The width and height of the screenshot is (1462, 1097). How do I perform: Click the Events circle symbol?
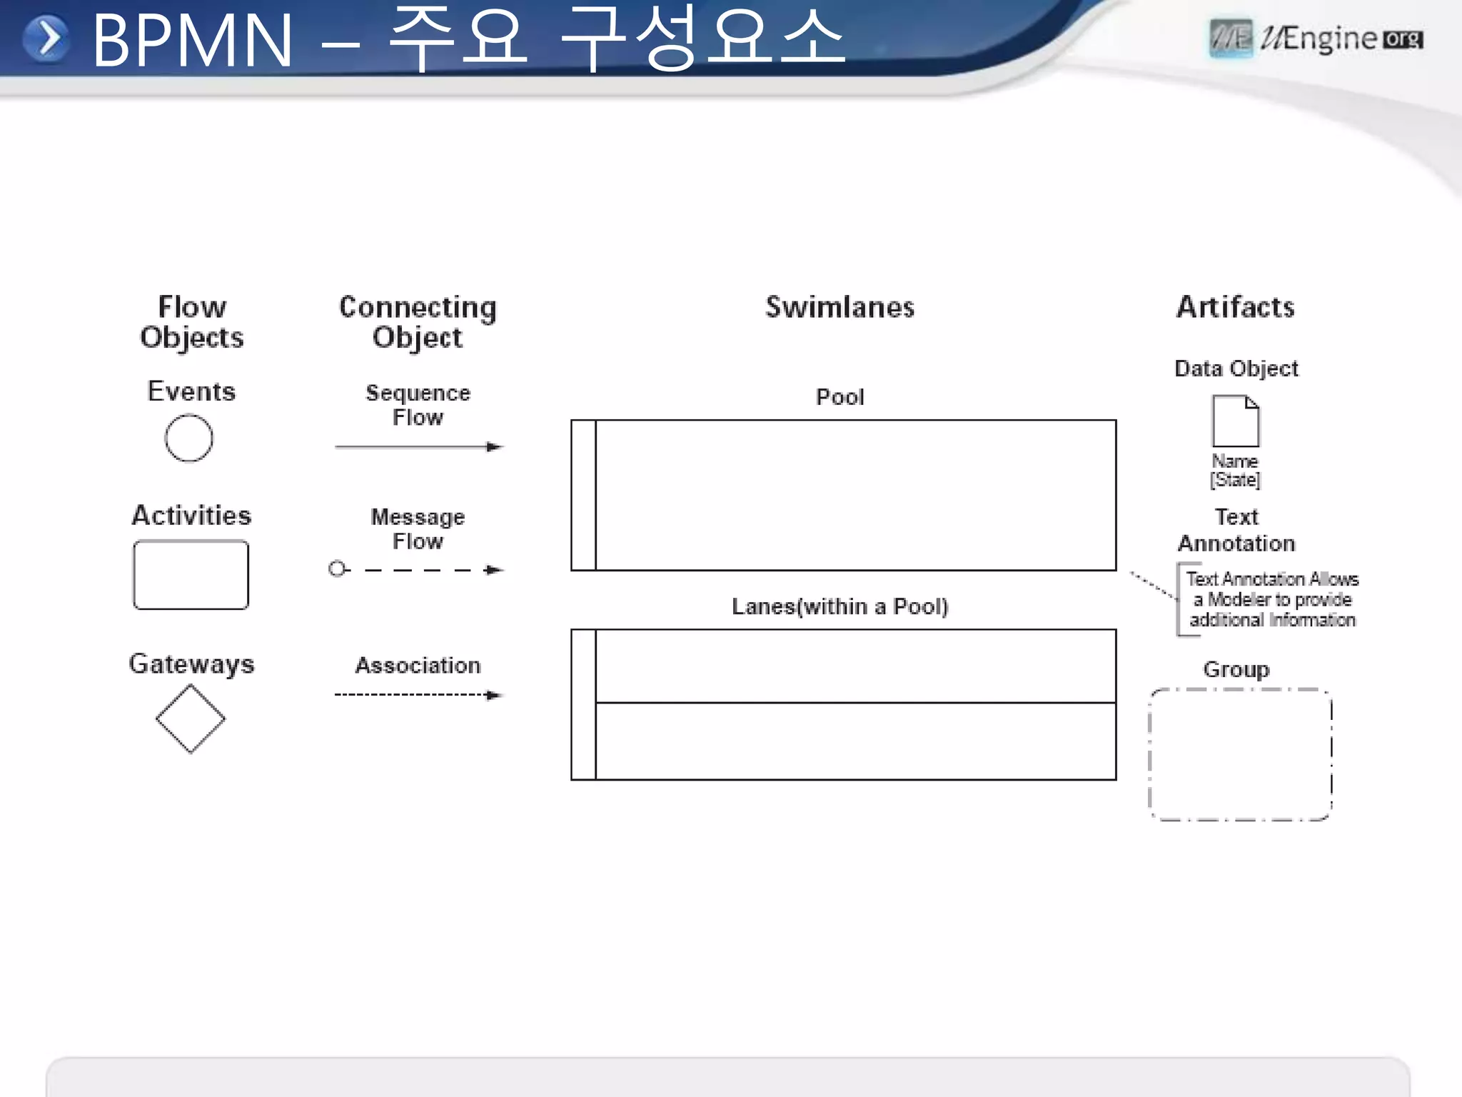pyautogui.click(x=189, y=438)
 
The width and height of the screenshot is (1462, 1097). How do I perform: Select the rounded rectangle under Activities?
pyautogui.click(x=191, y=575)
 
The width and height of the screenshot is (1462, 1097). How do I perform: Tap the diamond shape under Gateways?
pyautogui.click(x=191, y=718)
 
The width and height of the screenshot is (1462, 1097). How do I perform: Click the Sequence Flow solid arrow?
pyautogui.click(x=418, y=447)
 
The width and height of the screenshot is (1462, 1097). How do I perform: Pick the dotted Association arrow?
pyautogui.click(x=418, y=695)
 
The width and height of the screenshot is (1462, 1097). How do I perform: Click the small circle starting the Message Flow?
pyautogui.click(x=337, y=569)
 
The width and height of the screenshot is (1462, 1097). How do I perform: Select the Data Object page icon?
pyautogui.click(x=1236, y=421)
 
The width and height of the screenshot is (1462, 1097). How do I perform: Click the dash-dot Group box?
pyautogui.click(x=1240, y=755)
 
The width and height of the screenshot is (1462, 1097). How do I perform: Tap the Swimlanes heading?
pyautogui.click(x=840, y=307)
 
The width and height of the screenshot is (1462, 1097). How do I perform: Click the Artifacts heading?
pyautogui.click(x=1236, y=307)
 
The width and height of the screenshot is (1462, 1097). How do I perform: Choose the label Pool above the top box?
pyautogui.click(x=840, y=397)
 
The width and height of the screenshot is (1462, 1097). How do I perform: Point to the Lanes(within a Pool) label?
pyautogui.click(x=840, y=606)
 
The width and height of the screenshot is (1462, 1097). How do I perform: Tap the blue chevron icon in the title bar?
pyautogui.click(x=47, y=39)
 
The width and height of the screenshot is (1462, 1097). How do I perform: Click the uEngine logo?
pyautogui.click(x=1316, y=39)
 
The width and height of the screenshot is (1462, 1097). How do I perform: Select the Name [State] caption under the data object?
pyautogui.click(x=1236, y=471)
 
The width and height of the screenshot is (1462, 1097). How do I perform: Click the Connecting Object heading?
pyautogui.click(x=418, y=322)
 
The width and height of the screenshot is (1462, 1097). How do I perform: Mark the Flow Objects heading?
pyautogui.click(x=192, y=322)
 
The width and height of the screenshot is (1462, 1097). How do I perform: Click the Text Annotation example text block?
pyautogui.click(x=1271, y=599)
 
